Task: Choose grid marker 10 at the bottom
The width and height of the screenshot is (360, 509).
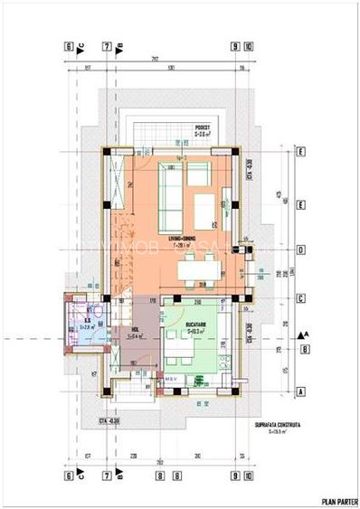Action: click(x=249, y=472)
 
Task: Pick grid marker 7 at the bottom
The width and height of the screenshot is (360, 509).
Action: click(x=107, y=472)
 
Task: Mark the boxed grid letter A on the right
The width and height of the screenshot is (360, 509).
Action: click(x=299, y=392)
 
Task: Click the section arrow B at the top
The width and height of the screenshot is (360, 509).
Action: click(x=119, y=47)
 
